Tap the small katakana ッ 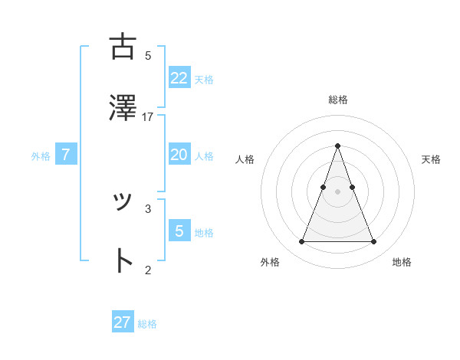122,201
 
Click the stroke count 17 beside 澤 148,117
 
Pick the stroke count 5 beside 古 148,55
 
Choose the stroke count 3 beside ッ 148,208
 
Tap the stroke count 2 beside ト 148,270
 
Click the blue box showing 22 179,77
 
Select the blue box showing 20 179,155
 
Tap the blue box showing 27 123,322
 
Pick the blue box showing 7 66,155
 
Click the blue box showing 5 179,231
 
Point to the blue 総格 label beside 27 147,324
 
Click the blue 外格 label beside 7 41,156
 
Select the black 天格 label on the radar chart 431,159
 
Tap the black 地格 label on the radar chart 402,262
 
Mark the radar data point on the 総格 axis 337,146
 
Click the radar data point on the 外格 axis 301,242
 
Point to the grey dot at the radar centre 337,191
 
